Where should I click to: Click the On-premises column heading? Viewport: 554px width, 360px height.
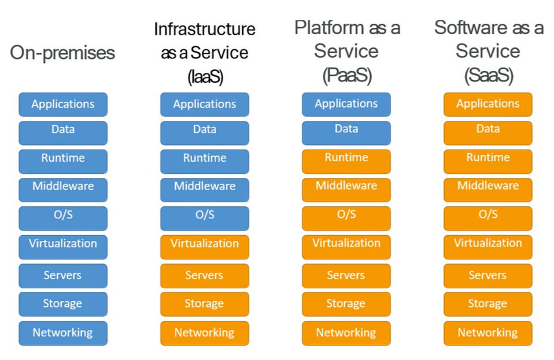coord(62,53)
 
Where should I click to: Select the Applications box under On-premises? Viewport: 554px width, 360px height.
coord(63,105)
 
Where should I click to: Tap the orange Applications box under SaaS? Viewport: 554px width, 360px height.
coord(488,105)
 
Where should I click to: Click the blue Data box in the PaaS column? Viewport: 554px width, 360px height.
coord(346,133)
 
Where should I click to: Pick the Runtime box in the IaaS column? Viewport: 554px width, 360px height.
coord(205,162)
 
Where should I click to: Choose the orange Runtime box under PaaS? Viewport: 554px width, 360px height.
coord(346,162)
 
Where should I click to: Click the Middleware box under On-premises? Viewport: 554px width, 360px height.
coord(63,190)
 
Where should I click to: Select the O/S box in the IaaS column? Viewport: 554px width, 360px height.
coord(205,218)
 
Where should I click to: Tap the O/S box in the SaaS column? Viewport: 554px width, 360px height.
coord(488,218)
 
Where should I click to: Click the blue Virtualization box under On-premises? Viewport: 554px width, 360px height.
coord(63,247)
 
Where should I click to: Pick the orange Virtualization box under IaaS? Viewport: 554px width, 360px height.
coord(205,247)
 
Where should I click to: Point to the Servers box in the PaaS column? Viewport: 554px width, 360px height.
coord(346,276)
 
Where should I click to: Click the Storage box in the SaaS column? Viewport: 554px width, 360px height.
coord(488,304)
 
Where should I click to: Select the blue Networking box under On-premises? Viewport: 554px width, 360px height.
coord(63,333)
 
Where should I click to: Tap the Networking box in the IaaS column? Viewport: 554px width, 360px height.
coord(205,333)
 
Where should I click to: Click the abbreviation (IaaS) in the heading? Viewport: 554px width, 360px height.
coord(205,77)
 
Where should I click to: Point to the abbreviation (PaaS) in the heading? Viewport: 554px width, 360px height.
coord(347,75)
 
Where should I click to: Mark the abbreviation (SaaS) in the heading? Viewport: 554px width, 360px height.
coord(489,75)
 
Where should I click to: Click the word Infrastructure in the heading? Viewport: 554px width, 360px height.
coord(205,29)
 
